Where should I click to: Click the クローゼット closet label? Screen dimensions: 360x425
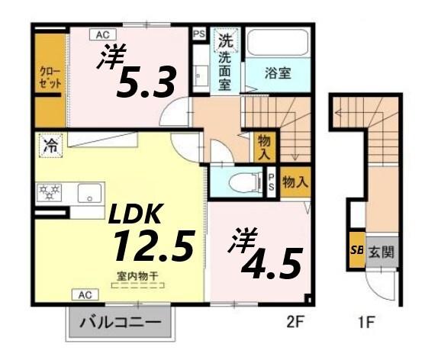point(50,78)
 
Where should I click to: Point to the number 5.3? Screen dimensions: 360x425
point(146,80)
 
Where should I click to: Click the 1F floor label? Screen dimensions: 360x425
point(365,321)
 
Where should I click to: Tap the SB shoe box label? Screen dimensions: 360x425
point(356,250)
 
